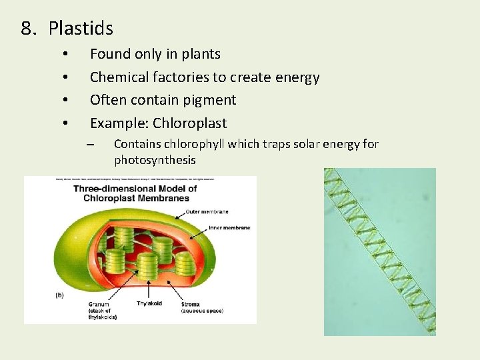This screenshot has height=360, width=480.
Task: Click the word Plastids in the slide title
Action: [81, 29]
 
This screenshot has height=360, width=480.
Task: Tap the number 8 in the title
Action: [26, 29]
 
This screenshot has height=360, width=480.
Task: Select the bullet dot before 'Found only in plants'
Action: [65, 54]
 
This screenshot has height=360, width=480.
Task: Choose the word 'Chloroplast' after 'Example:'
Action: [189, 123]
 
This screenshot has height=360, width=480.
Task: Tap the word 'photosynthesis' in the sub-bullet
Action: [155, 160]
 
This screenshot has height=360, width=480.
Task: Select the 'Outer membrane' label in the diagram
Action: [207, 211]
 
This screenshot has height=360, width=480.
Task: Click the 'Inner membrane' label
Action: [229, 228]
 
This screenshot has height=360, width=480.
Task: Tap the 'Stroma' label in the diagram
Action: [190, 304]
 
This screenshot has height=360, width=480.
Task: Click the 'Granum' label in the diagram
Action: [98, 304]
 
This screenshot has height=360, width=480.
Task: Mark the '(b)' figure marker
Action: [59, 295]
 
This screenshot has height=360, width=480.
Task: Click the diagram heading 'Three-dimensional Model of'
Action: [135, 188]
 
